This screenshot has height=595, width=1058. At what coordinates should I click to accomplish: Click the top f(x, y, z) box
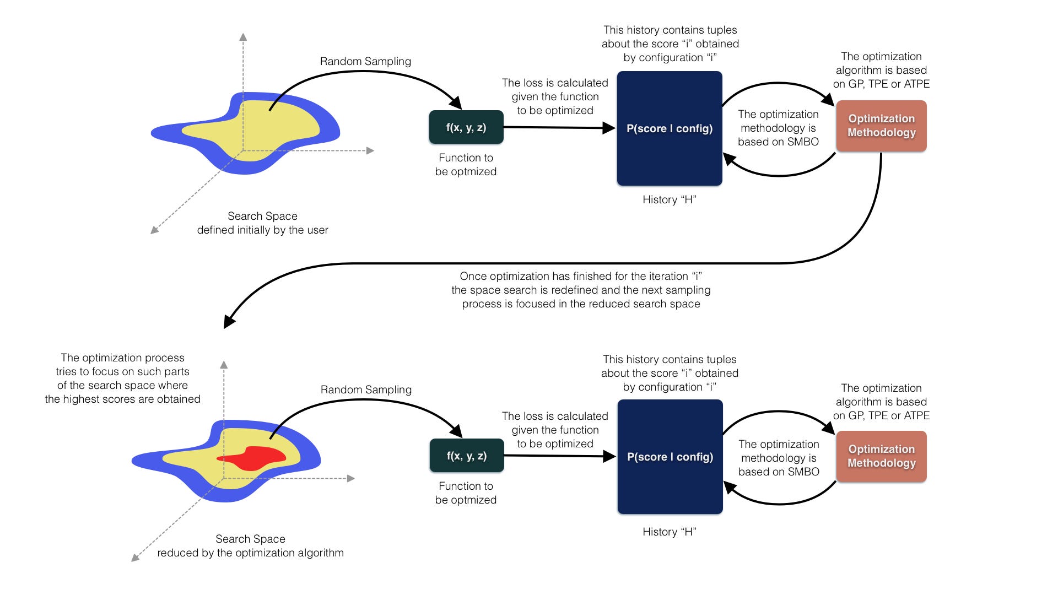pos(466,127)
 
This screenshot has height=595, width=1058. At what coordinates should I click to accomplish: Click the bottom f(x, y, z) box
pos(467,456)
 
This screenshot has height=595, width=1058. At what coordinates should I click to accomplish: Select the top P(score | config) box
pos(670,128)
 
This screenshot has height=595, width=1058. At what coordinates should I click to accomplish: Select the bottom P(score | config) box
pos(670,457)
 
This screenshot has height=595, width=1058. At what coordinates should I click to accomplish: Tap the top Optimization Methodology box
pos(881,126)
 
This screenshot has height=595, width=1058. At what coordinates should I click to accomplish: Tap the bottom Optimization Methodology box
pos(881,456)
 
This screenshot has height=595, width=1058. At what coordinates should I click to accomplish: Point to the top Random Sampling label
pos(365,61)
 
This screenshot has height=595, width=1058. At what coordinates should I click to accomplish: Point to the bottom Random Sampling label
pos(366,390)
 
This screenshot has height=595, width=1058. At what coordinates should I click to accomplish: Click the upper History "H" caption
pos(670,199)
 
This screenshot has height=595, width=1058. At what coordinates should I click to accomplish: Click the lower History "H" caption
pos(670,532)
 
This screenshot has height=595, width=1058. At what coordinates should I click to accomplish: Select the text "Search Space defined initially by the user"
pos(262,223)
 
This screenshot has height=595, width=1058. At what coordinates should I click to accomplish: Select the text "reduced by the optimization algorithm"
pos(250,553)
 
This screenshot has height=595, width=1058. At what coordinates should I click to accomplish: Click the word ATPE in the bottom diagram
pos(916,415)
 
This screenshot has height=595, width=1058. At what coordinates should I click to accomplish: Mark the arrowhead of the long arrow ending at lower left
pos(229,322)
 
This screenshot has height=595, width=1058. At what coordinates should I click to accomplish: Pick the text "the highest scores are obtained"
pos(122,399)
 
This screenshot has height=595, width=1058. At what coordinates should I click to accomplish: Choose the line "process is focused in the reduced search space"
pos(581,304)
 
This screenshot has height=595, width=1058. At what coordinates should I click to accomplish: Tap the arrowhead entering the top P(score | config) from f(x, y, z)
pos(609,128)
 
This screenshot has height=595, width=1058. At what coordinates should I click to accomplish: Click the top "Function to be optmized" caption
pos(466,165)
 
